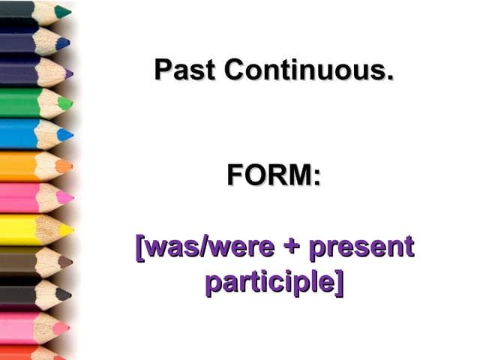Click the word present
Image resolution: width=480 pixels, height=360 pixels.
(x=361, y=247)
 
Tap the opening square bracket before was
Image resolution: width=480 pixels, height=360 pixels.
(x=139, y=247)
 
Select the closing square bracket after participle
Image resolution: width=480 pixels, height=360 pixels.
(x=339, y=283)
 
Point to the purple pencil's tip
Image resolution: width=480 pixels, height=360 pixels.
(x=70, y=73)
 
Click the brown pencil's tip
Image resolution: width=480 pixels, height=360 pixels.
(x=69, y=262)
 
